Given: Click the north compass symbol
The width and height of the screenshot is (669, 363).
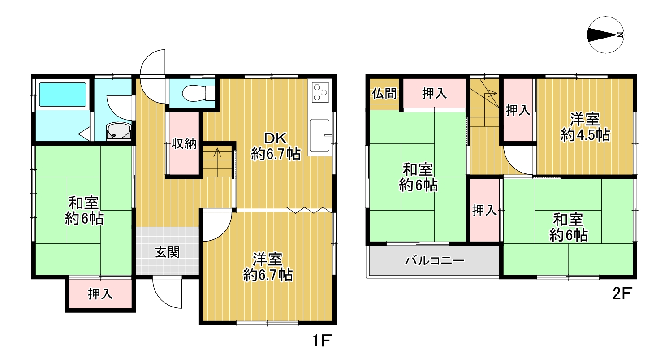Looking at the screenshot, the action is (x=606, y=35).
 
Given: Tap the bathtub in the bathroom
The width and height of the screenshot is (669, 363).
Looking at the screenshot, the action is (x=63, y=95).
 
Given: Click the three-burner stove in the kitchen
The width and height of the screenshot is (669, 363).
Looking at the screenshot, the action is (x=320, y=92).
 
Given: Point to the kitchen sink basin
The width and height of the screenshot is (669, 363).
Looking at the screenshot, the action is (x=319, y=135).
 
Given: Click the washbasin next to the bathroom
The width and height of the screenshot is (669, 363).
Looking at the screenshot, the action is (x=119, y=131).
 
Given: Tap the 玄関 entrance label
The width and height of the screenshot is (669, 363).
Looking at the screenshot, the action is (x=167, y=252).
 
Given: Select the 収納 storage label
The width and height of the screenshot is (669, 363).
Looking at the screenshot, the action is (x=184, y=144).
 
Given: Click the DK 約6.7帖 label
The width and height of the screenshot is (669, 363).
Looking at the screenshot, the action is (x=276, y=146).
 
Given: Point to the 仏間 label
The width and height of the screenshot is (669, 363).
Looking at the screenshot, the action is (x=384, y=94).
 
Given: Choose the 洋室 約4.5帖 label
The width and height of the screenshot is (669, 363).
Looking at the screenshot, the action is (x=585, y=127).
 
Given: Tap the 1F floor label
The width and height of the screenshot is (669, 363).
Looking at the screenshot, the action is (x=322, y=341).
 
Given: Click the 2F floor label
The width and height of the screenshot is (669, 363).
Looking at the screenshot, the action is (x=622, y=294).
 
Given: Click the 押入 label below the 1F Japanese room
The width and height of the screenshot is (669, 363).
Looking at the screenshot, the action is (x=100, y=294).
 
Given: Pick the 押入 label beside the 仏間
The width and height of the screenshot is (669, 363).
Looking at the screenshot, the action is (x=434, y=94).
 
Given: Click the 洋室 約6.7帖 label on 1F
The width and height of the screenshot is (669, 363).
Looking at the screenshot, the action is (x=268, y=267).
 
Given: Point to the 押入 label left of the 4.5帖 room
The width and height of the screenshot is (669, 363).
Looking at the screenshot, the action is (x=518, y=110).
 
